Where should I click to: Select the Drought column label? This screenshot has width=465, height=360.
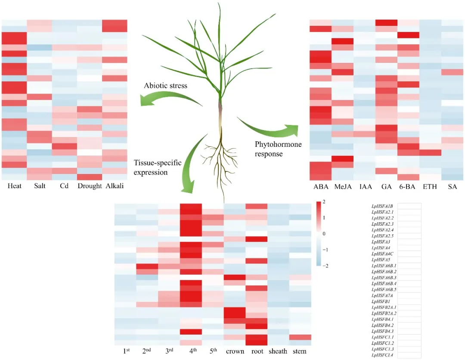pyautogui.click(x=89, y=186)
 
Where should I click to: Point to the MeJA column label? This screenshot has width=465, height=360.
pyautogui.click(x=342, y=188)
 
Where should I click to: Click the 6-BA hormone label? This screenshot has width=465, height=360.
pyautogui.click(x=407, y=188)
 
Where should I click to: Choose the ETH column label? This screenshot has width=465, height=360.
pyautogui.click(x=430, y=188)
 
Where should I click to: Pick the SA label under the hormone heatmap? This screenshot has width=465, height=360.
pyautogui.click(x=452, y=188)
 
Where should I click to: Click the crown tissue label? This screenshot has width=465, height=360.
pyautogui.click(x=235, y=351)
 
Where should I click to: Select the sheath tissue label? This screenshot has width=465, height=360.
pyautogui.click(x=278, y=351)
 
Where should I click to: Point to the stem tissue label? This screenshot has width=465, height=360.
pyautogui.click(x=299, y=351)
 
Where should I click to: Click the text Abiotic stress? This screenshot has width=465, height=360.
pyautogui.click(x=166, y=86)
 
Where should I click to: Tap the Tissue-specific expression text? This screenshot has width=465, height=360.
pyautogui.click(x=157, y=167)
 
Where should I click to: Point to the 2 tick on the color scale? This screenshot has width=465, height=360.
pyautogui.click(x=324, y=202)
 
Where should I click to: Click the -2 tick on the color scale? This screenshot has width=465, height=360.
pyautogui.click(x=325, y=266)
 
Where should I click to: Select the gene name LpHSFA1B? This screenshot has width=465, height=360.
pyautogui.click(x=382, y=206)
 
